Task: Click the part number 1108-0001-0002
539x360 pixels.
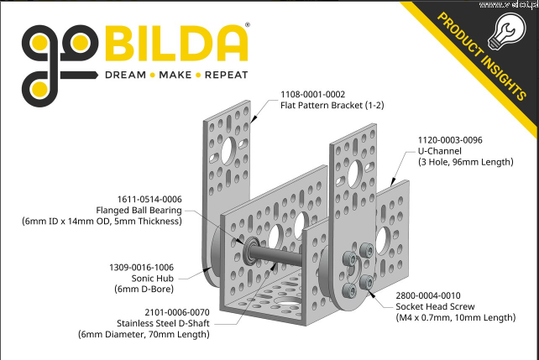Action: pos(312,94)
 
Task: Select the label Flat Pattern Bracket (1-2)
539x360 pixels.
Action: pos(332,105)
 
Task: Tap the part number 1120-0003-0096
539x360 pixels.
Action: pos(450,140)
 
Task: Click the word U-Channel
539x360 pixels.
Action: pos(440,151)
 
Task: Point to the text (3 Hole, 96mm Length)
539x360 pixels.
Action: pos(466,162)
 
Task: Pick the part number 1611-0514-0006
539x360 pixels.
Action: pos(149,199)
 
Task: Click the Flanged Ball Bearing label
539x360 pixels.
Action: pos(139,211)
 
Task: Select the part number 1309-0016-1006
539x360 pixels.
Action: pos(141,267)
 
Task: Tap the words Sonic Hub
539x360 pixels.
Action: pos(153,279)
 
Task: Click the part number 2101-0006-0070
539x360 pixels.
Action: pos(177,312)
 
